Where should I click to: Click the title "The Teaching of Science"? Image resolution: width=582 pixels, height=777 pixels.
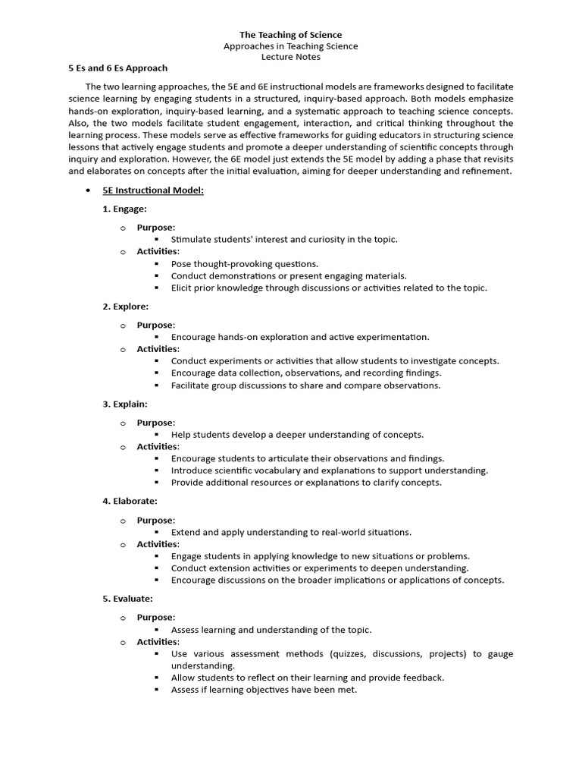pyautogui.click(x=291, y=35)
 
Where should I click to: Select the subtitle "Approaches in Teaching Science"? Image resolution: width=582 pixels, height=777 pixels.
pyautogui.click(x=291, y=46)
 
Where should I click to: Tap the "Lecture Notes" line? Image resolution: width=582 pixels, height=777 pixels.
pyautogui.click(x=291, y=57)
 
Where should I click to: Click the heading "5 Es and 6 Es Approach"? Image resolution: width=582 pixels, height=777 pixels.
pyautogui.click(x=118, y=68)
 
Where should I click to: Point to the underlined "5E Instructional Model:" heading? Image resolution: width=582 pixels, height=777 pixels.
pyautogui.click(x=153, y=190)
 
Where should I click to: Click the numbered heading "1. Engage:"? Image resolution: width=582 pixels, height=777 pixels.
pyautogui.click(x=125, y=209)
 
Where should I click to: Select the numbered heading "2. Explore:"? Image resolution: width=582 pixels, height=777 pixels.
pyautogui.click(x=126, y=307)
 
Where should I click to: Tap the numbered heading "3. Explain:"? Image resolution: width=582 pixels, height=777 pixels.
pyautogui.click(x=125, y=404)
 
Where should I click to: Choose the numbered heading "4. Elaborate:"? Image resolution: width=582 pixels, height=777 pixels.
pyautogui.click(x=130, y=502)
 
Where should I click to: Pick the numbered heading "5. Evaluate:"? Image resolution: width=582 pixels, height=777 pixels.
pyautogui.click(x=128, y=599)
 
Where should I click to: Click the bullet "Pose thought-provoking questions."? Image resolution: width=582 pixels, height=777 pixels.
pyautogui.click(x=245, y=264)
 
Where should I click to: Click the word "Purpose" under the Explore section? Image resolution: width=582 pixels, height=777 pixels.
pyautogui.click(x=155, y=325)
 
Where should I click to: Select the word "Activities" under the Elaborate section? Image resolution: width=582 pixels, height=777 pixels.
pyautogui.click(x=157, y=544)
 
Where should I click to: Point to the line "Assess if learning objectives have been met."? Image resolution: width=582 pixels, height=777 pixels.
pyautogui.click(x=264, y=690)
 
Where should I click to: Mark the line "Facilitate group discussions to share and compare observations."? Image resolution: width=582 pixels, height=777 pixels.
pyautogui.click(x=305, y=385)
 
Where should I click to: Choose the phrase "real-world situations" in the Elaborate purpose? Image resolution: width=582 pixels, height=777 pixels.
pyautogui.click(x=366, y=532)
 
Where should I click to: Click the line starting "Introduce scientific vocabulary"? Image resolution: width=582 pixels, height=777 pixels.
pyautogui.click(x=330, y=470)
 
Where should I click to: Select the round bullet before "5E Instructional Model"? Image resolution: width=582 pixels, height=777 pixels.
pyautogui.click(x=89, y=191)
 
